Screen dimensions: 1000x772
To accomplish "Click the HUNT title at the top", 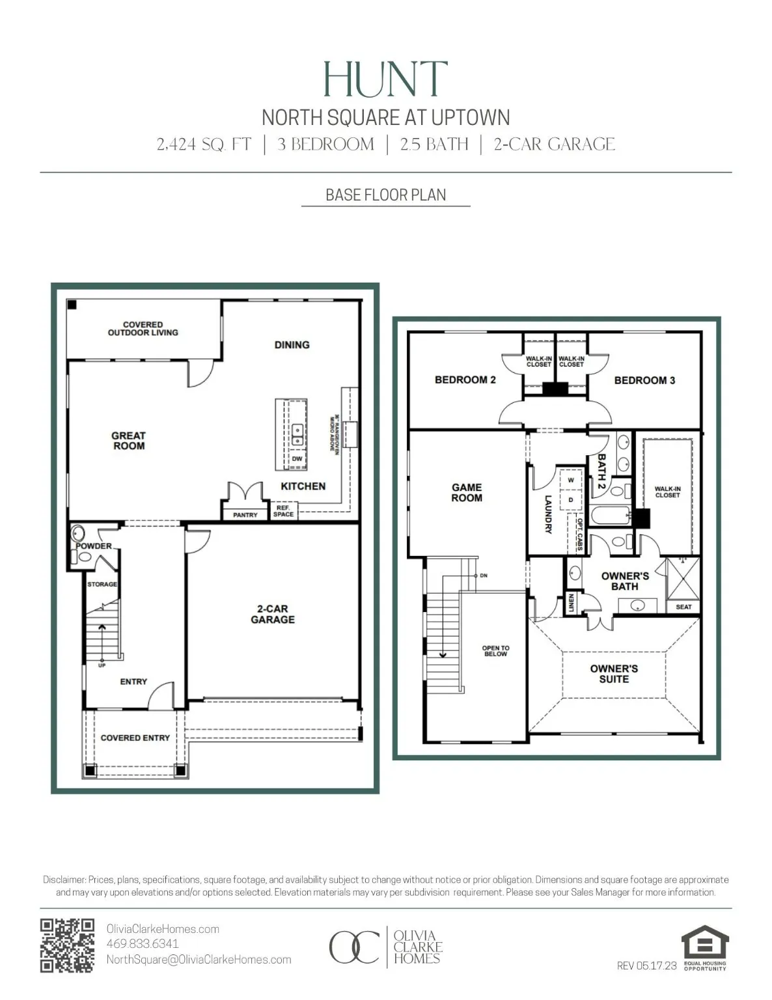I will pyautogui.click(x=385, y=79).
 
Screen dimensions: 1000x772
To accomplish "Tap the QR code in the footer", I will pyautogui.click(x=67, y=945).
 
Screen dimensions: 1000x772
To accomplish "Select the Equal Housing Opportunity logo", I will pyautogui.click(x=705, y=947).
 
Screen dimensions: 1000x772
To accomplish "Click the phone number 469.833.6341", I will pyautogui.click(x=143, y=943).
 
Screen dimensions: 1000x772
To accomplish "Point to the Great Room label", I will pyautogui.click(x=128, y=441).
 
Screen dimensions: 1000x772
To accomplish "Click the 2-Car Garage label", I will pyautogui.click(x=273, y=614).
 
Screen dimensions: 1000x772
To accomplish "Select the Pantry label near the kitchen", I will pyautogui.click(x=245, y=515).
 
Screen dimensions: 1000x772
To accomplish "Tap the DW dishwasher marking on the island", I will pyautogui.click(x=297, y=459).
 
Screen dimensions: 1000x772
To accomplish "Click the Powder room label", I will pyautogui.click(x=94, y=546).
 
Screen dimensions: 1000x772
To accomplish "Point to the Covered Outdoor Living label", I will pyautogui.click(x=143, y=328).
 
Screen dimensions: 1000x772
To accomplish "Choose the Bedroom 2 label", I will pyautogui.click(x=465, y=380).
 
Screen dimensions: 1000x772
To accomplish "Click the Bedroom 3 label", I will pyautogui.click(x=644, y=380).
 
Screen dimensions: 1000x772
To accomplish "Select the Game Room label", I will pyautogui.click(x=467, y=492).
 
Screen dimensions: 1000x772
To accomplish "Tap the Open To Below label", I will pyautogui.click(x=495, y=651).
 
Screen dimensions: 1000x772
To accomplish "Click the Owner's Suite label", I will pyautogui.click(x=614, y=674).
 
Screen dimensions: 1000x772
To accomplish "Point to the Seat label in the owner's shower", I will pyautogui.click(x=683, y=607).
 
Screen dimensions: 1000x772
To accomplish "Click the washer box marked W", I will pyautogui.click(x=571, y=480).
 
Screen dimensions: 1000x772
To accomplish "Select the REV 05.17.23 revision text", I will pyautogui.click(x=646, y=965).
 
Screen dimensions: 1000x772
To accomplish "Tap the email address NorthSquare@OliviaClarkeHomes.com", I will pyautogui.click(x=199, y=960).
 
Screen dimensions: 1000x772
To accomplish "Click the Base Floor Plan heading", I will pyautogui.click(x=385, y=195).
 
